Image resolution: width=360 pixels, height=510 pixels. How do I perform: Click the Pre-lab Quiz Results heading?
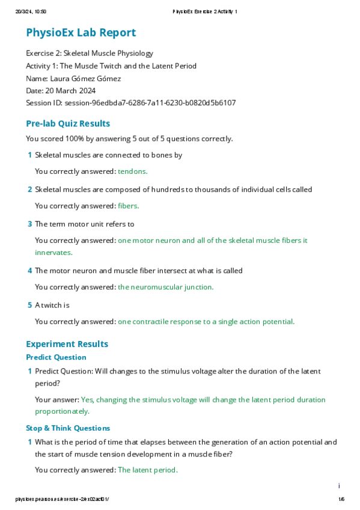(x=68, y=123)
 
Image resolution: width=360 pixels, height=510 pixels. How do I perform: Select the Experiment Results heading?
(x=67, y=344)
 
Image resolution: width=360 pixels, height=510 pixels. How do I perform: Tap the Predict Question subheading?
(x=56, y=357)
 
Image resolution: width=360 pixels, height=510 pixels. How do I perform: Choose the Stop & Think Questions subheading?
(x=68, y=428)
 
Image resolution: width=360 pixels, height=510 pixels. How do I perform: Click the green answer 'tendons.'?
(x=132, y=171)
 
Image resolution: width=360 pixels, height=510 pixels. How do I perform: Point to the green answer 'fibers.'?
(x=128, y=206)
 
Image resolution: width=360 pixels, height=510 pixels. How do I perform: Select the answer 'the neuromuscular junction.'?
(x=165, y=287)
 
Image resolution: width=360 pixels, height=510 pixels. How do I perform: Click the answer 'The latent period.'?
(x=147, y=470)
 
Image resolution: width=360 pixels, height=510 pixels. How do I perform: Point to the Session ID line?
(x=130, y=103)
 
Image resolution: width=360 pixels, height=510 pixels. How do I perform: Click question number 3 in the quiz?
(x=29, y=224)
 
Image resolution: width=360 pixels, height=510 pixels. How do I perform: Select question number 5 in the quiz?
(x=29, y=305)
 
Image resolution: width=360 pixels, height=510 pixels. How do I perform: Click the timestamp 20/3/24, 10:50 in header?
(x=31, y=11)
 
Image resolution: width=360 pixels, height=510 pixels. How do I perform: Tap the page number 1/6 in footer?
(x=341, y=499)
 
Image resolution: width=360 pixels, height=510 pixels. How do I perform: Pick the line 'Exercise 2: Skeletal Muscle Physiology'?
(x=90, y=54)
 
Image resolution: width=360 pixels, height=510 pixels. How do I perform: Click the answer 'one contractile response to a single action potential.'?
(x=206, y=321)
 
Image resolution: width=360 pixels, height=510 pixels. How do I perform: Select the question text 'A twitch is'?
(x=52, y=305)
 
